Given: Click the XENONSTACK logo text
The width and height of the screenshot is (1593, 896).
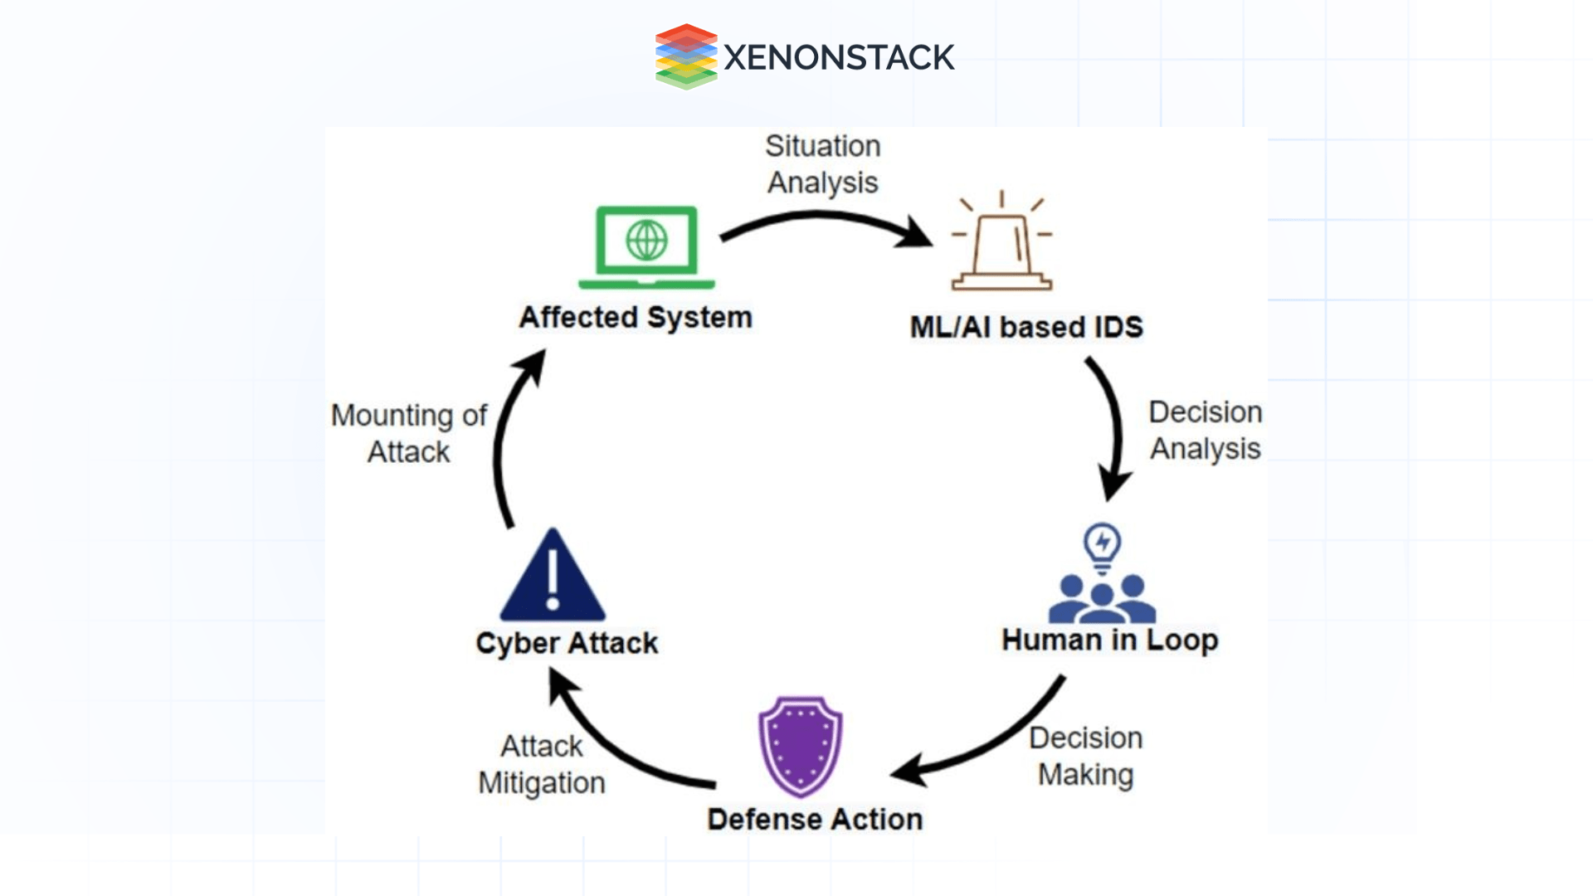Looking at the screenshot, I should tap(838, 57).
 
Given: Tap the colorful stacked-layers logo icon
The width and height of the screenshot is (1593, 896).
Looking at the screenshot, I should tap(685, 56).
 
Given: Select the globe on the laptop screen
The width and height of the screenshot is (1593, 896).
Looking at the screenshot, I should tap(646, 241).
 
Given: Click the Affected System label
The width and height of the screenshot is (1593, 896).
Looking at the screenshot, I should tap(636, 318).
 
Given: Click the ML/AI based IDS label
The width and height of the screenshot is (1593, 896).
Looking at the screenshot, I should tap(1026, 327).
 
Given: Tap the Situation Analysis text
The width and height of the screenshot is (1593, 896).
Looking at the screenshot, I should tap(822, 164).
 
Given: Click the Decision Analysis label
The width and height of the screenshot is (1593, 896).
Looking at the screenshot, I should tap(1205, 430).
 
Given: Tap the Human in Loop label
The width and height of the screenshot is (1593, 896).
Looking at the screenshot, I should tap(1109, 640).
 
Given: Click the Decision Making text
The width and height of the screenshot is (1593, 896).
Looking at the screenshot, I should tap(1085, 756).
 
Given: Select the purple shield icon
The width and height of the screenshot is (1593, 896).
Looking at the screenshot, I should tap(800, 745).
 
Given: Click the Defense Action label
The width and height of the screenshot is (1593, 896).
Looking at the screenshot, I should tap(815, 819).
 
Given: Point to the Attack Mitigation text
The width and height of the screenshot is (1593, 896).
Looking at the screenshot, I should tap(542, 764).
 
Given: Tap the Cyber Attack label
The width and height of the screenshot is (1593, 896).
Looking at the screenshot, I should tap(567, 643).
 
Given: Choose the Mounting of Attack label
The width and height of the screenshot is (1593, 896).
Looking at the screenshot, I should tap(409, 433).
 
